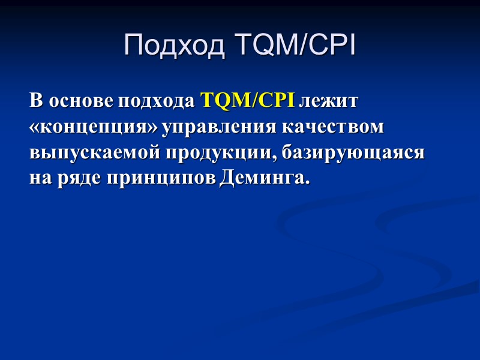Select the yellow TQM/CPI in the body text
point(246,101)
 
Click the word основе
point(81,101)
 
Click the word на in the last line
point(38,179)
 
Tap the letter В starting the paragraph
point(35,101)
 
